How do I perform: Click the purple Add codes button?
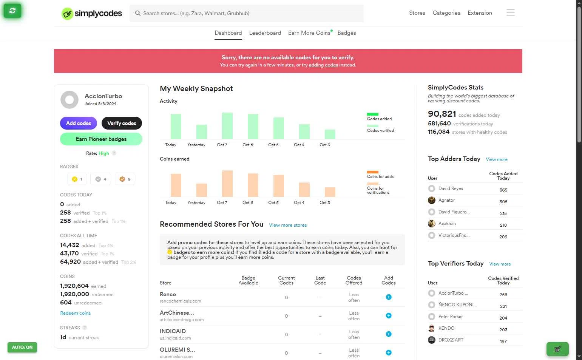(78, 123)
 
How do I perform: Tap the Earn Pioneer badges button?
(101, 139)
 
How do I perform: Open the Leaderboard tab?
(265, 33)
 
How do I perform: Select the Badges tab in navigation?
(346, 33)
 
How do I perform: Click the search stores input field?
(249, 13)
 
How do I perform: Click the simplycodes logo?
(92, 14)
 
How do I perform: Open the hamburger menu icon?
(510, 13)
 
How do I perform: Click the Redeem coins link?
(75, 313)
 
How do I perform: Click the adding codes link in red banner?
(323, 65)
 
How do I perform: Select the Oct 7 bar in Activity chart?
(227, 126)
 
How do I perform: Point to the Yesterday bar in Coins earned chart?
(202, 190)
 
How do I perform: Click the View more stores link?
(288, 225)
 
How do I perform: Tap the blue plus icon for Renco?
(388, 297)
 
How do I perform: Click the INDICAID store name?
(173, 331)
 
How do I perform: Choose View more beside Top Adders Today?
(496, 159)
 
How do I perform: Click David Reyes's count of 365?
(503, 190)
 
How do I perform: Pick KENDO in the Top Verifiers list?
(446, 328)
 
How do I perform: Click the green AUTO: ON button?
(22, 347)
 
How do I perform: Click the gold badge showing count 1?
(77, 179)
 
